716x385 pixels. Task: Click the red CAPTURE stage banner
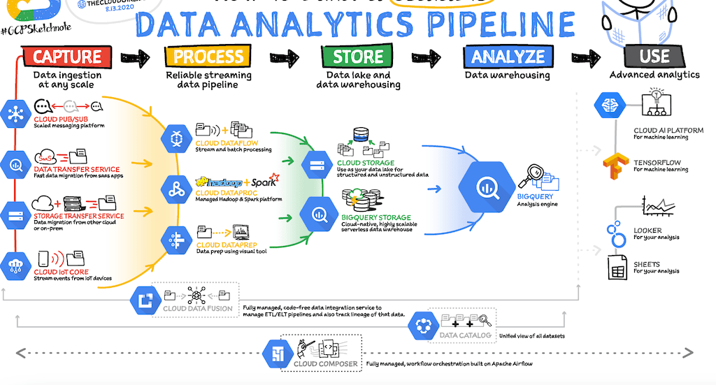pyautogui.click(x=67, y=57)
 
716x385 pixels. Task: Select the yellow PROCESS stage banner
pyautogui.click(x=208, y=57)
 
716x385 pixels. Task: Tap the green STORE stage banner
pyautogui.click(x=357, y=57)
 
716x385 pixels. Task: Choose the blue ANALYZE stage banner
pyautogui.click(x=507, y=57)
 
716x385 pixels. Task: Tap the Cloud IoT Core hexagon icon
pyautogui.click(x=15, y=266)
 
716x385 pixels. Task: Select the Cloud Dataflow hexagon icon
pyautogui.click(x=176, y=138)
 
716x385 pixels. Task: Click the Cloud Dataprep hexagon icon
pyautogui.click(x=176, y=240)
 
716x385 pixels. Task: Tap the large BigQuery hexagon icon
pyautogui.click(x=486, y=187)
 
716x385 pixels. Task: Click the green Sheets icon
pyautogui.click(x=617, y=266)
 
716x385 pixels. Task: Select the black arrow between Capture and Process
pyautogui.click(x=135, y=57)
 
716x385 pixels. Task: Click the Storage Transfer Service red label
pyautogui.click(x=78, y=216)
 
